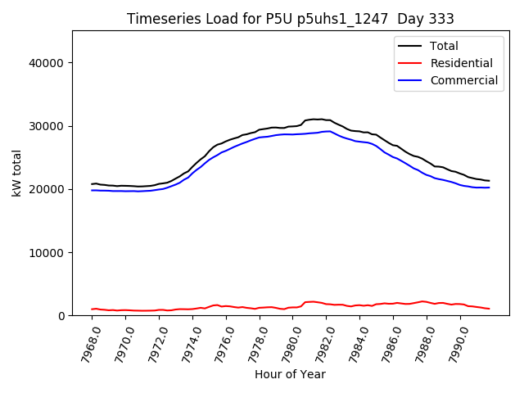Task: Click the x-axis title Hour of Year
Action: click(x=290, y=374)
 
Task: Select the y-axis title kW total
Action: click(x=18, y=173)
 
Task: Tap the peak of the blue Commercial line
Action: click(x=327, y=131)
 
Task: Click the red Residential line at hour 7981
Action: click(x=311, y=301)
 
